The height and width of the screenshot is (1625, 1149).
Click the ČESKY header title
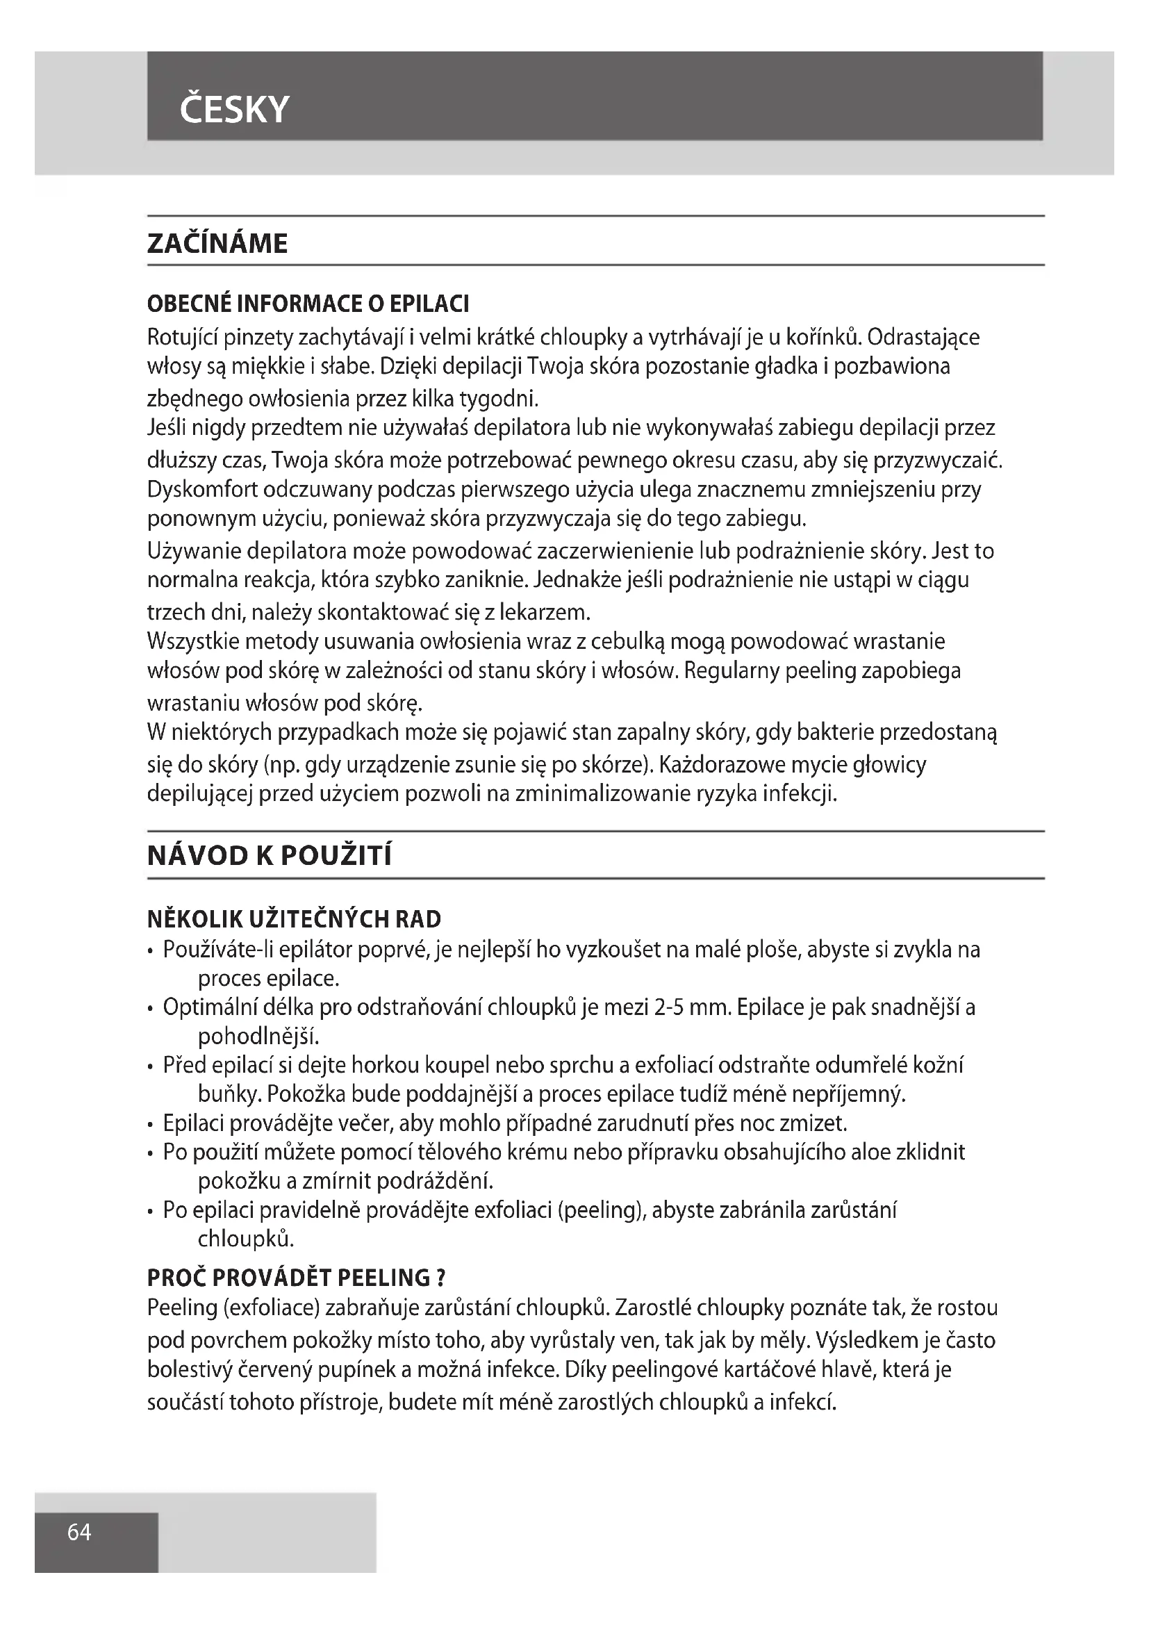[x=234, y=110]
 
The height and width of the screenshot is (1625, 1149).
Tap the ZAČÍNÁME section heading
[x=217, y=243]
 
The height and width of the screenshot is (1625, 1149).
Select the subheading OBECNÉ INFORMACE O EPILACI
[x=308, y=304]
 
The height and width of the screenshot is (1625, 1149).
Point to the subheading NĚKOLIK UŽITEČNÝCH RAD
[x=294, y=919]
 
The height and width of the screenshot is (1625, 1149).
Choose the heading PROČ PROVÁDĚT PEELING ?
[x=296, y=1278]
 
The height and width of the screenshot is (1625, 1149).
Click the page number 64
[x=79, y=1532]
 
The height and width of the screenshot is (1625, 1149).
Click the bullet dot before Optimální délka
[x=151, y=1009]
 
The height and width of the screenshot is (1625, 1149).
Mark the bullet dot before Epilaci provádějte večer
[x=151, y=1125]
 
